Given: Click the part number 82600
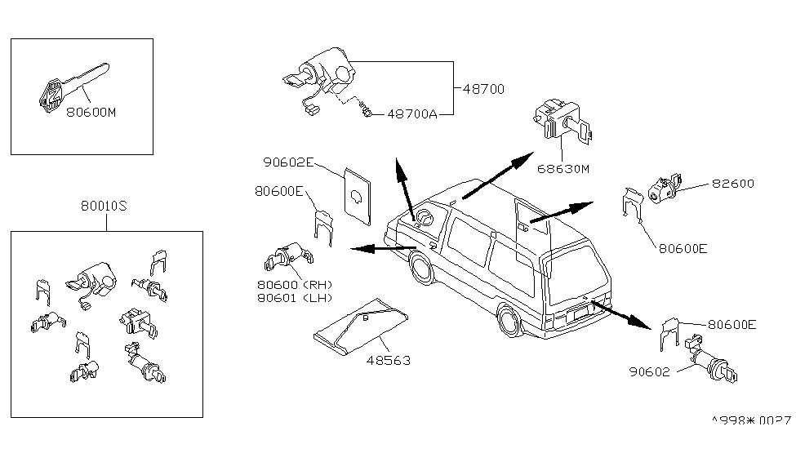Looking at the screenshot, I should click(x=732, y=184).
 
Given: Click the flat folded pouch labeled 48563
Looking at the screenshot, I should click(x=362, y=325).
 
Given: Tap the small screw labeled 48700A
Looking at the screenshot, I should click(x=368, y=112).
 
